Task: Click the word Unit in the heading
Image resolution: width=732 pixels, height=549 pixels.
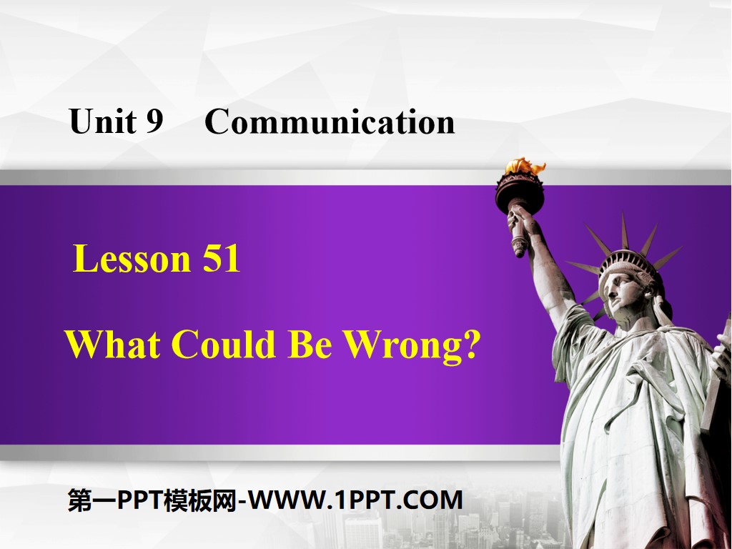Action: pos(101,122)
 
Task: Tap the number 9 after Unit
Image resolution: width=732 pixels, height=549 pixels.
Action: pos(154,122)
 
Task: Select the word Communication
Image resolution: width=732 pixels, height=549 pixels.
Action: pos(330,122)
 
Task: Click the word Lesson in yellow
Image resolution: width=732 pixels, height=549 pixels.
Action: pos(131,259)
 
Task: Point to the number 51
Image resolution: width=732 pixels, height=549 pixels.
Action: pos(221,259)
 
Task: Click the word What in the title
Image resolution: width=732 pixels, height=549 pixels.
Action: pos(113,345)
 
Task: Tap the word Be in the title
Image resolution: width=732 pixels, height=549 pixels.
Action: pos(310,345)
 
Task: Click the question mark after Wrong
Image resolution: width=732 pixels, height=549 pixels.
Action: pos(470,345)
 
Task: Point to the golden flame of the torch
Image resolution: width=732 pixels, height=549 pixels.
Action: pos(524,167)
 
